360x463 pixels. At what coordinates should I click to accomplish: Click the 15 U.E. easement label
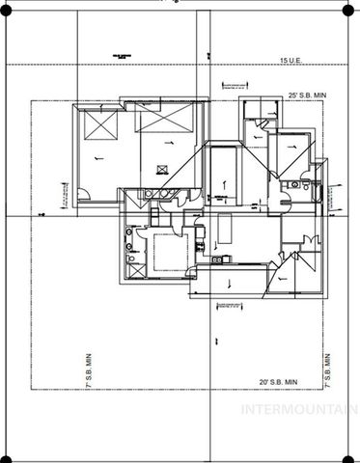(x=291, y=61)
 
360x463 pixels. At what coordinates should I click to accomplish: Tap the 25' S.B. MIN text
(x=308, y=95)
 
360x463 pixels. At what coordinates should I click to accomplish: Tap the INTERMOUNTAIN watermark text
(x=298, y=409)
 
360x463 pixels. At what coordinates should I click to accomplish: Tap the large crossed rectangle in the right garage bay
(x=165, y=120)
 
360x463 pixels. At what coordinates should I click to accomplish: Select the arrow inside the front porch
(x=229, y=284)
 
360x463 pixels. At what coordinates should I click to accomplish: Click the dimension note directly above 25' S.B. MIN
(x=237, y=84)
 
